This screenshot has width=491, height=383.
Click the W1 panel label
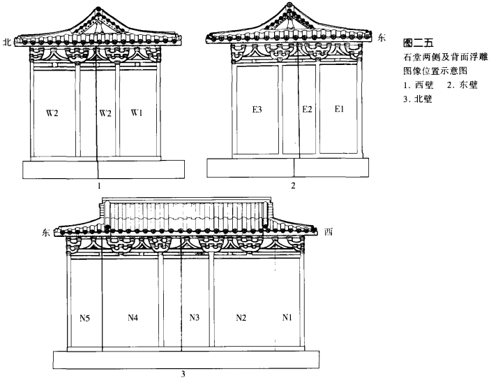click(137, 112)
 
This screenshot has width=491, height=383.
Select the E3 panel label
click(257, 110)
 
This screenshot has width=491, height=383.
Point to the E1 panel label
click(339, 110)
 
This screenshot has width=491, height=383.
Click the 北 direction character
click(8, 42)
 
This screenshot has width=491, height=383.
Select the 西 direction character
click(328, 232)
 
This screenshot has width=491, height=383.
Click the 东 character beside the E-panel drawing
click(381, 38)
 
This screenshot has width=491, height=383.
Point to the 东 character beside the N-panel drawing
click(46, 233)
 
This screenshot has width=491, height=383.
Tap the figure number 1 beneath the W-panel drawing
click(100, 186)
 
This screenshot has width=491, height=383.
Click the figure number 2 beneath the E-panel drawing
click(294, 186)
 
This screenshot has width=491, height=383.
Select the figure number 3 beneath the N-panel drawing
click(183, 374)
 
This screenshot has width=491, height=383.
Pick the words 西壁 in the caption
click(423, 86)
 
